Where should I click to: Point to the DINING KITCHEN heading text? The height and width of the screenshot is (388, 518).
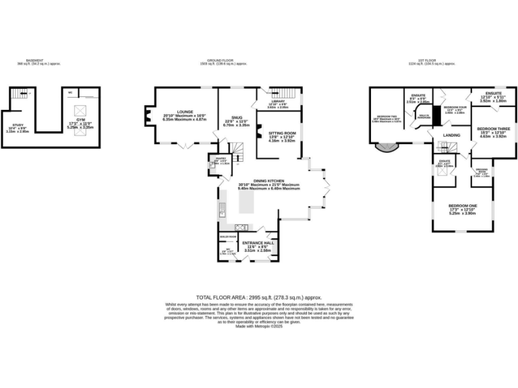(x=268, y=181)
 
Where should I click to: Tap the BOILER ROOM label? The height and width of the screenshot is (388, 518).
(x=228, y=237)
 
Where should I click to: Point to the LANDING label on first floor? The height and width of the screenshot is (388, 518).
(x=451, y=135)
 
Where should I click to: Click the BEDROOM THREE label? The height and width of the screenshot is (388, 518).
(x=492, y=128)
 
